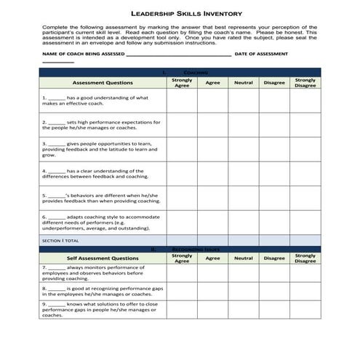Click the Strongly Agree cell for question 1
(x=183, y=101)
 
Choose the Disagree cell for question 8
(x=274, y=291)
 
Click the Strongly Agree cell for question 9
(x=183, y=309)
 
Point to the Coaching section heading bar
(x=179, y=73)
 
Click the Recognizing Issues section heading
(x=179, y=249)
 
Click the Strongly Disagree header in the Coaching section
(x=305, y=83)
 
